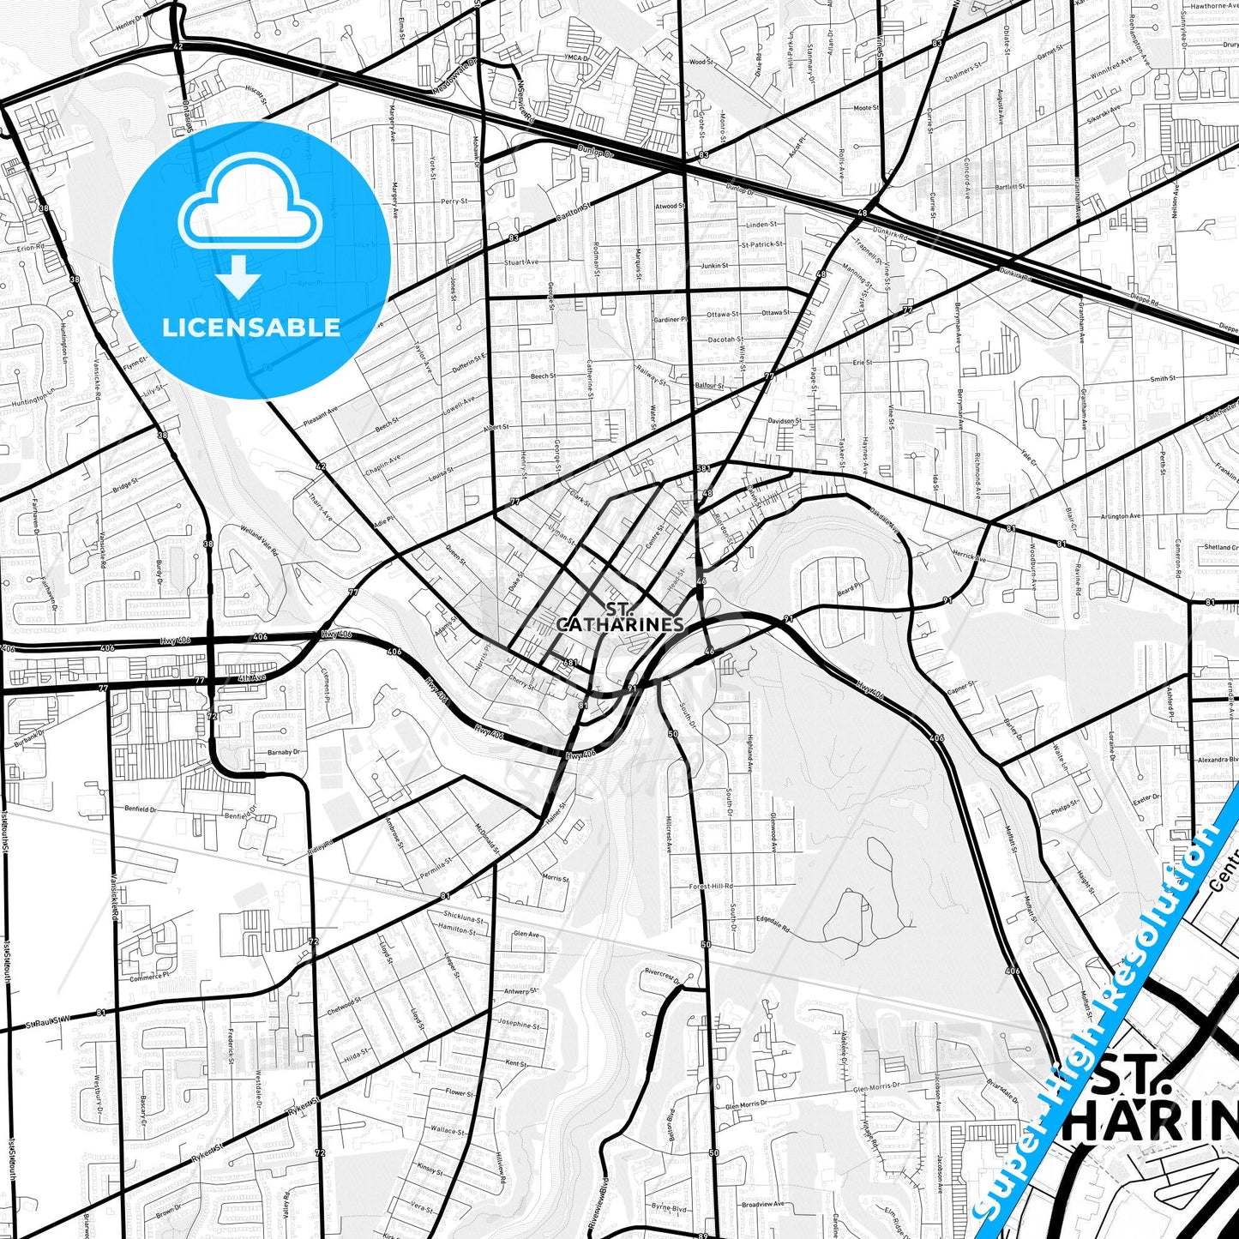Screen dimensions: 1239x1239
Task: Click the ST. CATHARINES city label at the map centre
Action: pos(619,617)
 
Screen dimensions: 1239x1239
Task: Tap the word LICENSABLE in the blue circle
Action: pos(251,328)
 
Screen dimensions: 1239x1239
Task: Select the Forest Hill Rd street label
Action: pos(712,886)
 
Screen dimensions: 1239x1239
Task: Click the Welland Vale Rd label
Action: pos(259,541)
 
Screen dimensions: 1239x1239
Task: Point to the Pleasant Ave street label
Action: pos(321,418)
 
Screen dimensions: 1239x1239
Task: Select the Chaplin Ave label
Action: pos(382,466)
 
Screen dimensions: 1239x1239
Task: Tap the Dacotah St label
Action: pos(725,340)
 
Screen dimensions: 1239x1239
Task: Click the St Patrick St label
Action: pos(762,244)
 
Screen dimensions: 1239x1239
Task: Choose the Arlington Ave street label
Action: pos(1120,516)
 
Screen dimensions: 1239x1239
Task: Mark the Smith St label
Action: pos(1163,378)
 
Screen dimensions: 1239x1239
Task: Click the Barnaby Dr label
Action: pos(283,752)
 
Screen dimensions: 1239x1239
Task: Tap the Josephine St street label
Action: pos(519,1024)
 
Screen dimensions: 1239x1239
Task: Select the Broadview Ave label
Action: pos(762,1204)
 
